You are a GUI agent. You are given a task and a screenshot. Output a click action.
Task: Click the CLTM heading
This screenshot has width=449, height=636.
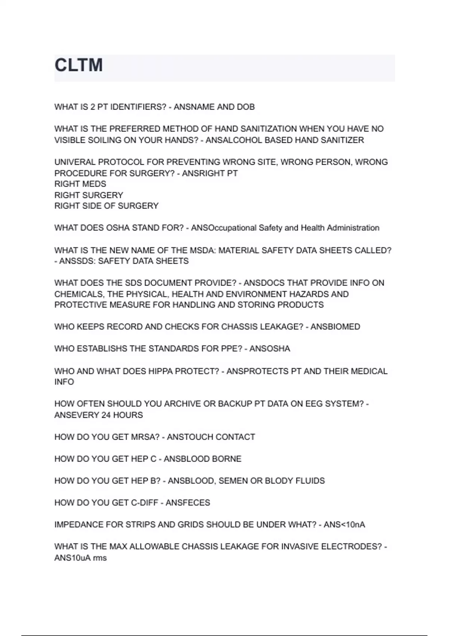tap(79, 65)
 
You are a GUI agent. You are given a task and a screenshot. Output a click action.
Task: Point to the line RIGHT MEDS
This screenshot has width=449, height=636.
tap(80, 184)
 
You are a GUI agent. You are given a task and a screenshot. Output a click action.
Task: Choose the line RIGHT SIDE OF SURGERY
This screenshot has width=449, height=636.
tap(106, 206)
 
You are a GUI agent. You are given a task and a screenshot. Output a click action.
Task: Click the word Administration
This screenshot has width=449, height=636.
tap(353, 228)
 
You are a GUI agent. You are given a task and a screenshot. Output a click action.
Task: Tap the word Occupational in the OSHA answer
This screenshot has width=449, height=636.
tap(224, 228)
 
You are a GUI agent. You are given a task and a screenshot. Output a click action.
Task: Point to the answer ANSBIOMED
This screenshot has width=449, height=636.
tap(335, 327)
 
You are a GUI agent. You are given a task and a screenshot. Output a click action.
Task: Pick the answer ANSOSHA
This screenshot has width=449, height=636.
tap(270, 349)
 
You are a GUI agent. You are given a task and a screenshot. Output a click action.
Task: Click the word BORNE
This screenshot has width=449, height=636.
tap(228, 459)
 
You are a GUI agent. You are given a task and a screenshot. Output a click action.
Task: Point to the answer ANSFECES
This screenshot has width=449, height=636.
tap(188, 503)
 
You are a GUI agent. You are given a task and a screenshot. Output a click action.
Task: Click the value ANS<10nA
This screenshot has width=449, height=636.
tap(344, 525)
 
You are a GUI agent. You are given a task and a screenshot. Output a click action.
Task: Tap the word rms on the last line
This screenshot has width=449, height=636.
tap(100, 558)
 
